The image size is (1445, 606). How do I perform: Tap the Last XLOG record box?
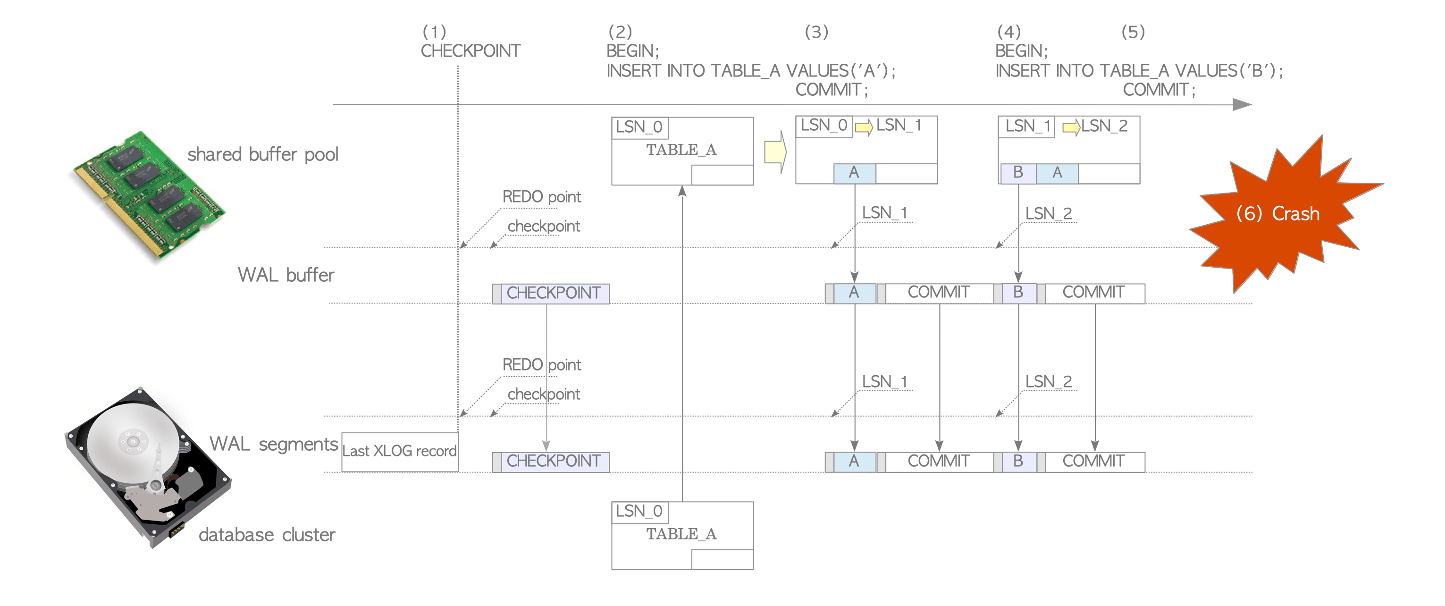click(x=399, y=451)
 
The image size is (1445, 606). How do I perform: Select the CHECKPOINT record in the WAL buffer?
click(x=553, y=293)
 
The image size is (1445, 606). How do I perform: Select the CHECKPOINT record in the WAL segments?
click(x=553, y=461)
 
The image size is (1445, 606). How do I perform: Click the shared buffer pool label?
click(x=262, y=154)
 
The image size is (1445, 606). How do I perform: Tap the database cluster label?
click(x=267, y=535)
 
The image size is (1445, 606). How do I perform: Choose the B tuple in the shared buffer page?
click(x=1017, y=173)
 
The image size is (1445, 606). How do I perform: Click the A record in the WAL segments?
click(x=854, y=461)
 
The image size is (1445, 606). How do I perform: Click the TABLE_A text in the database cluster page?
click(x=681, y=534)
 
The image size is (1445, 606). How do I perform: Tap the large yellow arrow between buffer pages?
click(x=775, y=152)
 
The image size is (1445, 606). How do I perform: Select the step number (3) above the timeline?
click(x=816, y=32)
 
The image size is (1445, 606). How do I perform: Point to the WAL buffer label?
click(x=286, y=275)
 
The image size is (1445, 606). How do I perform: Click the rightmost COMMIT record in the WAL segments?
click(x=1093, y=461)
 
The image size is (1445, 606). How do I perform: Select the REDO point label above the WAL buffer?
click(x=541, y=197)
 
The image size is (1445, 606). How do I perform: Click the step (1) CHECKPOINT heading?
click(x=470, y=51)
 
